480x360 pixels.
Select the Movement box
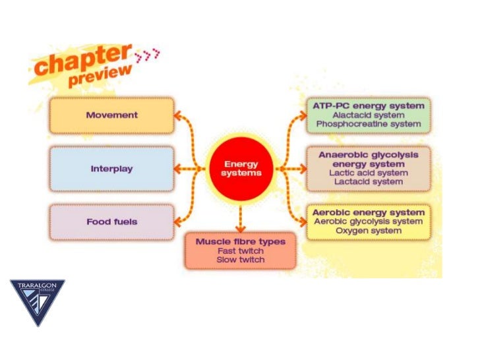[111, 115]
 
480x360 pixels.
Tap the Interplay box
[111, 169]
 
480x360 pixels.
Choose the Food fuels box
[111, 222]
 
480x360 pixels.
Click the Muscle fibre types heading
[241, 241]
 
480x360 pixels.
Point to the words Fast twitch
[241, 251]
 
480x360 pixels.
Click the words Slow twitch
[241, 260]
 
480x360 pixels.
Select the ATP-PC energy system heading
[368, 105]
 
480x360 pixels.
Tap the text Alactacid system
[368, 114]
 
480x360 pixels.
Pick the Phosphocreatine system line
[368, 123]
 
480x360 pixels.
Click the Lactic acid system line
[368, 173]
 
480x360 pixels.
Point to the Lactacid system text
[368, 182]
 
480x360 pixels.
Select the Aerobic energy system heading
[368, 213]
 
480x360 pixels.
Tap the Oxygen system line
[368, 231]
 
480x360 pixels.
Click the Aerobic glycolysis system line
[368, 222]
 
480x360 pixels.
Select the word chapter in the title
[80, 63]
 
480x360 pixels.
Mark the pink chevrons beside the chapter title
[146, 57]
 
